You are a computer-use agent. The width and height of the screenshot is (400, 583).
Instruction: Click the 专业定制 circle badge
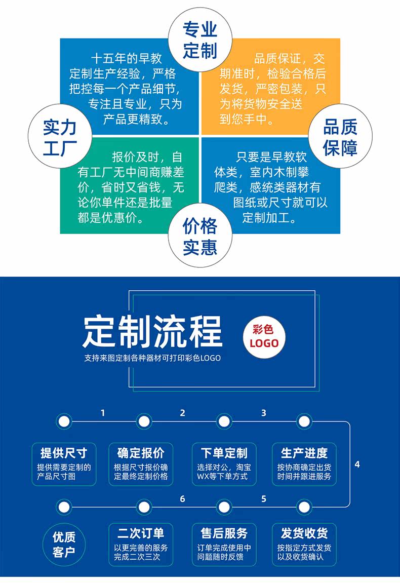[x=200, y=40]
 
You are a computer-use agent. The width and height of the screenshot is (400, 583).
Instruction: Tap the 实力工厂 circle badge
[x=60, y=136]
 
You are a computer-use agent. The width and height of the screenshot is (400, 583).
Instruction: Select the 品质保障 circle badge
[x=340, y=136]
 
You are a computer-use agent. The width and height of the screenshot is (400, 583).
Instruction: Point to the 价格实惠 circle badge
[x=200, y=236]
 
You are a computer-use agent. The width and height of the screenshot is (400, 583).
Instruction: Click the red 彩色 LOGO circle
[x=264, y=337]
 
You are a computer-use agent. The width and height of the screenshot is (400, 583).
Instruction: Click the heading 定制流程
[x=152, y=331]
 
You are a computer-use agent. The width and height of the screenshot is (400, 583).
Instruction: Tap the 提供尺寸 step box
[x=64, y=464]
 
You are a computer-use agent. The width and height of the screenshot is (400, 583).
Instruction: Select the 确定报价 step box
[x=141, y=464]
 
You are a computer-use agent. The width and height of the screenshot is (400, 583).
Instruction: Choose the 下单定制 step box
[x=224, y=464]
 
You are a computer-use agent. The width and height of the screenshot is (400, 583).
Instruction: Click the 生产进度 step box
[x=304, y=464]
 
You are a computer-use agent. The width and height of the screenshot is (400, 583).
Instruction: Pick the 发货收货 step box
[x=304, y=545]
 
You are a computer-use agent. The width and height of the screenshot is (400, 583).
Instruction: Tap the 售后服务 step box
[x=224, y=545]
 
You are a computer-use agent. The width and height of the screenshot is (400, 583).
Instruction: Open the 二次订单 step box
[x=141, y=545]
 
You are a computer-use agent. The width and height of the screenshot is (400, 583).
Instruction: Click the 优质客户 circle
[x=64, y=545]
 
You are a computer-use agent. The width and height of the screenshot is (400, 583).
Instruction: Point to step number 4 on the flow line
[x=357, y=464]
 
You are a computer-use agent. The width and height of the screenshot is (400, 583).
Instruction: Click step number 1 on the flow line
[x=103, y=413]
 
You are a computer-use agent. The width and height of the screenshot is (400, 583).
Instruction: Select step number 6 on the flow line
[x=182, y=498]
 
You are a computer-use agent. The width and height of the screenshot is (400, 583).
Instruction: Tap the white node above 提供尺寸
[x=64, y=421]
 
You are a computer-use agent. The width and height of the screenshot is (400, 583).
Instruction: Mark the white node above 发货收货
[x=304, y=507]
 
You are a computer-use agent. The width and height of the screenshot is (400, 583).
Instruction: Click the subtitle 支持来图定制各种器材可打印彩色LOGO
[x=152, y=358]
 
